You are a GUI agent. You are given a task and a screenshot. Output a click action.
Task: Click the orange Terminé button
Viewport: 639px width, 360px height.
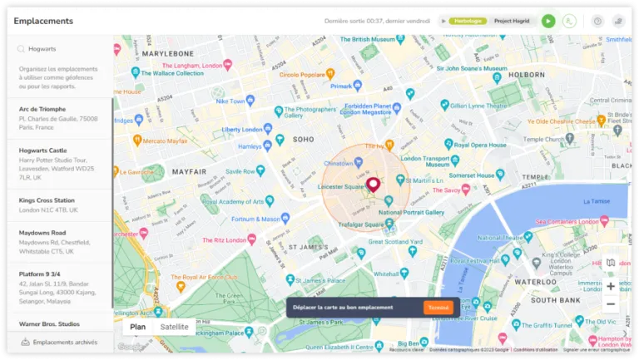point(438,308)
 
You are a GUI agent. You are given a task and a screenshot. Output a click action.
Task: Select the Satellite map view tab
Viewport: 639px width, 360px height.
point(174,327)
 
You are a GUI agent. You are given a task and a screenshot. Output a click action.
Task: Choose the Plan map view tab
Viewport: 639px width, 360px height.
point(138,327)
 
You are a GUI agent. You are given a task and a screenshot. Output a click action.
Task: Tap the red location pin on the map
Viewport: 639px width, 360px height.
point(373,185)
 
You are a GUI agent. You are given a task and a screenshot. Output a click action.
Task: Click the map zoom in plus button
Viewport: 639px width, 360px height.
point(611,286)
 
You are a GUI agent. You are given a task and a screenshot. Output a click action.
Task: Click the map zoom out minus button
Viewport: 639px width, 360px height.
point(611,304)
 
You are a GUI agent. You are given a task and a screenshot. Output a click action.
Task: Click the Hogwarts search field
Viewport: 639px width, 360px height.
point(62,49)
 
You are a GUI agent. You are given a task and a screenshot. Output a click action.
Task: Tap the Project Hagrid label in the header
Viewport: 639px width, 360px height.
point(513,21)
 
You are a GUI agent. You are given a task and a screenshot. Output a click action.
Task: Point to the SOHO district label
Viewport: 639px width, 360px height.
point(304,139)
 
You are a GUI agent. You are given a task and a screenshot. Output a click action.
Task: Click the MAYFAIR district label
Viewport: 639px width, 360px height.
point(189,171)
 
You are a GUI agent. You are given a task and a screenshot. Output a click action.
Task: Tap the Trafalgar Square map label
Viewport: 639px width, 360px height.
point(359,224)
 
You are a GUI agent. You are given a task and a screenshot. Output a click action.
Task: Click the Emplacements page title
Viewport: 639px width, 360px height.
point(43,21)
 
